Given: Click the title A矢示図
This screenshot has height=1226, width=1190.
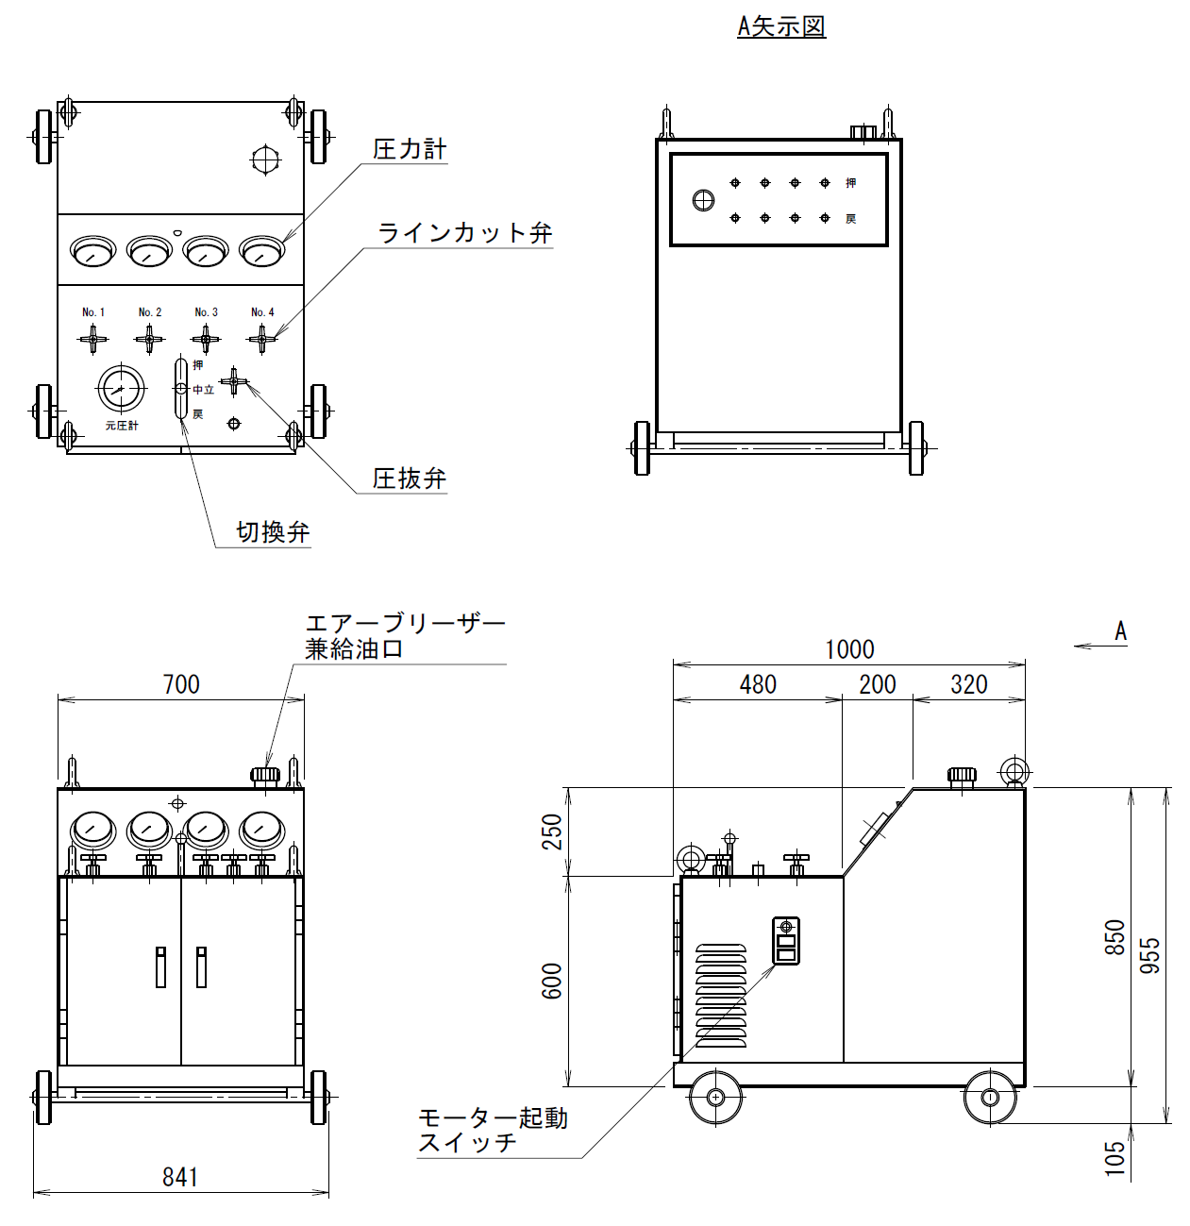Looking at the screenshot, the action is [x=781, y=26].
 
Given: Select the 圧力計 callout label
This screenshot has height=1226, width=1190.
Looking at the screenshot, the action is [x=410, y=149].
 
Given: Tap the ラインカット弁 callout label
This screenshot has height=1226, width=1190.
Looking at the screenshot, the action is [x=465, y=233].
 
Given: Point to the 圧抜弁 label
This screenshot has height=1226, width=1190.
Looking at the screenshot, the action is [x=410, y=479].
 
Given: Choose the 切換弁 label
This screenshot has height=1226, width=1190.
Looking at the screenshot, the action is [x=273, y=532].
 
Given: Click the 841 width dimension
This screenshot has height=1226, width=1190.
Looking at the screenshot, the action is [x=180, y=1177].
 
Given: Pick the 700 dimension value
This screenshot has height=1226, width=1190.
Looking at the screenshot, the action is [x=181, y=684].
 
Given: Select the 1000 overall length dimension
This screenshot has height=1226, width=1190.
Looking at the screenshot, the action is [x=850, y=649].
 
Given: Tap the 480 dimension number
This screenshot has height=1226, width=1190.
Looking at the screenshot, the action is [x=758, y=684].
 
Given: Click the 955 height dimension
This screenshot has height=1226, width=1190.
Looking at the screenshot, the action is [x=1149, y=956].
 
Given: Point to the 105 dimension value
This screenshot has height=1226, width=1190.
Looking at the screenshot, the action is [x=1115, y=1158].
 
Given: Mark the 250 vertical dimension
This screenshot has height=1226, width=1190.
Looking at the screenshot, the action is [x=552, y=831].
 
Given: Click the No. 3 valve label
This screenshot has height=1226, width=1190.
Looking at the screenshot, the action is [x=206, y=311].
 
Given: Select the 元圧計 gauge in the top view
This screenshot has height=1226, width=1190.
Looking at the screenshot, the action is [x=121, y=389].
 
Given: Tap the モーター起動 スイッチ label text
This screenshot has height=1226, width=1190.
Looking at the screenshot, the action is [x=493, y=1131].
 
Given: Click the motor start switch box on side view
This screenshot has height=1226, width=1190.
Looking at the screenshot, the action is [x=785, y=941].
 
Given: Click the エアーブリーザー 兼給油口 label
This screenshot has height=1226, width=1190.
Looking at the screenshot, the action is [x=405, y=636].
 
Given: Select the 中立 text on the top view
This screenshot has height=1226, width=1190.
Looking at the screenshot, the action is [x=204, y=390].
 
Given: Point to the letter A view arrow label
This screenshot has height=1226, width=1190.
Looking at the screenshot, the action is [x=1120, y=630].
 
